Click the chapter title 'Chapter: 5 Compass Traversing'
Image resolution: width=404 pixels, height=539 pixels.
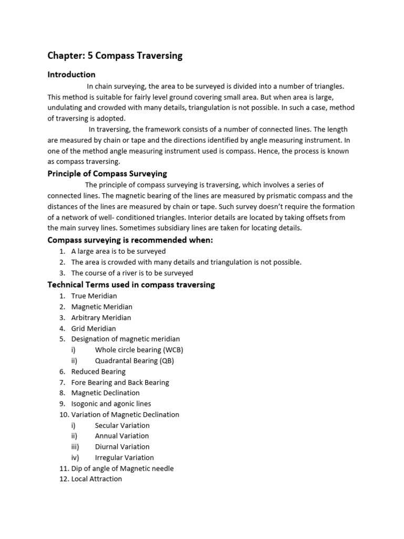(x=115, y=56)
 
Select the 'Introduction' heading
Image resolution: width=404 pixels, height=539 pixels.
(x=72, y=75)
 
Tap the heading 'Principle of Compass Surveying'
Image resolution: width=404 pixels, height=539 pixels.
(x=107, y=174)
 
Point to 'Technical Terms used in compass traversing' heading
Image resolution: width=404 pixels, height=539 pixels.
(x=131, y=285)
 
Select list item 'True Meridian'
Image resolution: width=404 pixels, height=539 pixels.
(x=94, y=296)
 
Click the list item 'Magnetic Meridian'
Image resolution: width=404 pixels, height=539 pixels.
(x=102, y=307)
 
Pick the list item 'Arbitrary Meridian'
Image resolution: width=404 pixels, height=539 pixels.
(x=101, y=317)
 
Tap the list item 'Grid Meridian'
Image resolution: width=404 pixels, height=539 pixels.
(x=94, y=328)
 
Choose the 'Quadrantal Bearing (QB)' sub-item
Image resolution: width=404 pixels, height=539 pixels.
(x=134, y=361)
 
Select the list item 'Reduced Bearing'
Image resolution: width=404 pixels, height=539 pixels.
(x=98, y=372)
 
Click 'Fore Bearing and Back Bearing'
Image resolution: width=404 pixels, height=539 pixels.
(x=120, y=383)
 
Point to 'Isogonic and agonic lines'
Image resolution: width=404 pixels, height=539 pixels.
(x=111, y=404)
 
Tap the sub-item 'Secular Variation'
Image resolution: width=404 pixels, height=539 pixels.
(x=122, y=425)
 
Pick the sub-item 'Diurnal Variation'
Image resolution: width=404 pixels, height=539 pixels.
(x=122, y=447)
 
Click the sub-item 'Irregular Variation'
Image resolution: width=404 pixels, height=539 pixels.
(x=124, y=458)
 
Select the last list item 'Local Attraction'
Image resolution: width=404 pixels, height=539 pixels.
(x=96, y=479)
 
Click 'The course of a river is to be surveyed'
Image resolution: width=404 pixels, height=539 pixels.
(x=132, y=273)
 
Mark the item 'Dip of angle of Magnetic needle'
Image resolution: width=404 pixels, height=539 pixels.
(x=122, y=468)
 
